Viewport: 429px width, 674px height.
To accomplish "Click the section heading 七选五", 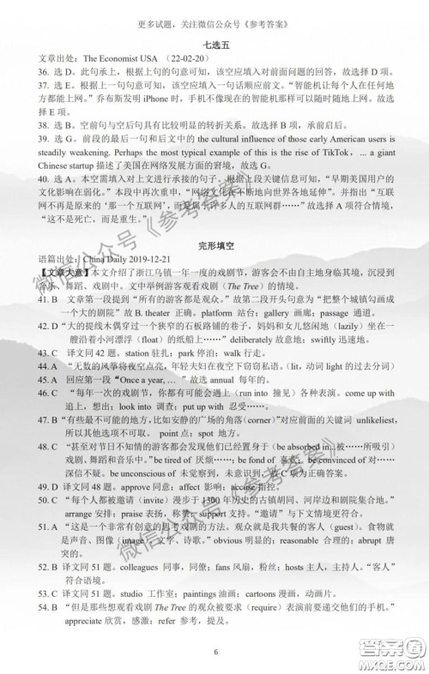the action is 214,42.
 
